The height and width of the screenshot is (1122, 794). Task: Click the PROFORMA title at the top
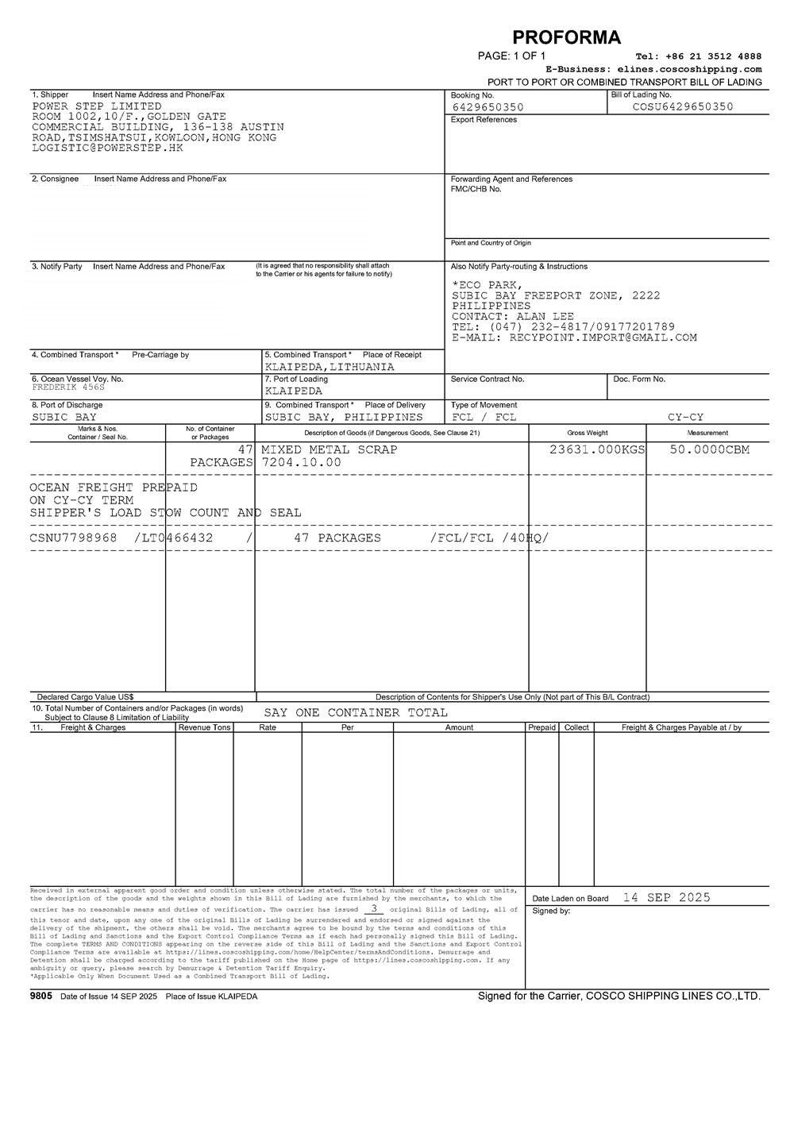[566, 37]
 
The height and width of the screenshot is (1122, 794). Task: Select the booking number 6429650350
[488, 107]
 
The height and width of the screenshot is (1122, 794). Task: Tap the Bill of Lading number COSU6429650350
[683, 106]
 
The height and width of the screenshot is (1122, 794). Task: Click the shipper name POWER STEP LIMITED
[97, 106]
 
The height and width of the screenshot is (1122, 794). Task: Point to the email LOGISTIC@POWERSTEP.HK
[107, 148]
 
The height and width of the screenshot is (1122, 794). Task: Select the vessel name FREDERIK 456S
[68, 387]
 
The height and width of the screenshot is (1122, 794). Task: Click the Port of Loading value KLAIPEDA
[294, 391]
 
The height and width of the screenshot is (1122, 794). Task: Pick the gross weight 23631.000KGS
[597, 449]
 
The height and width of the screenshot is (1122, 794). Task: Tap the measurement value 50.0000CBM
[710, 449]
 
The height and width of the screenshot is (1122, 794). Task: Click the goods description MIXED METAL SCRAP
[330, 449]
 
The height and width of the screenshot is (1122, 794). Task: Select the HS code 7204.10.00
[301, 462]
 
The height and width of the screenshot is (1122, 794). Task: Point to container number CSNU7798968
[73, 538]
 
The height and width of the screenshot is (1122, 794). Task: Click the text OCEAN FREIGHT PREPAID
[114, 487]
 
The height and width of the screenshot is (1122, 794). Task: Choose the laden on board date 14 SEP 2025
[666, 897]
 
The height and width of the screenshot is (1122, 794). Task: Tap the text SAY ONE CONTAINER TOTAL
[356, 712]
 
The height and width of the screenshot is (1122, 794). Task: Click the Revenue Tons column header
[204, 727]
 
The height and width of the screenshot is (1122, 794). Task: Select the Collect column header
[576, 727]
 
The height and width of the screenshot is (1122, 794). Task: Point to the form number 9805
[40, 996]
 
